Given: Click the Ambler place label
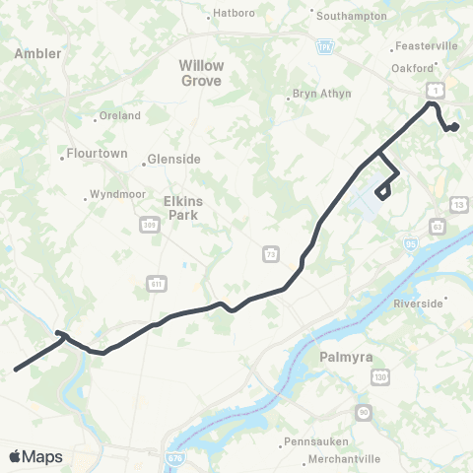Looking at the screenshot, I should pyautogui.click(x=38, y=53).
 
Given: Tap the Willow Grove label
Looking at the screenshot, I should pyautogui.click(x=201, y=72).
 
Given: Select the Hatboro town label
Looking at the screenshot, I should pyautogui.click(x=234, y=15).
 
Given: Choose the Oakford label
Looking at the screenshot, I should pyautogui.click(x=414, y=67).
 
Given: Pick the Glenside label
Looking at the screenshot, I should pyautogui.click(x=175, y=159).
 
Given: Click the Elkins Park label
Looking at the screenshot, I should pyautogui.click(x=183, y=207).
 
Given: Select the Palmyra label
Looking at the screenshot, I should pyautogui.click(x=344, y=358).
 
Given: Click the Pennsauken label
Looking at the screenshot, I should pyautogui.click(x=318, y=441).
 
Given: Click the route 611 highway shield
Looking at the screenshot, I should pyautogui.click(x=156, y=282).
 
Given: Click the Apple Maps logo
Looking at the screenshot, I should pyautogui.click(x=35, y=456).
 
